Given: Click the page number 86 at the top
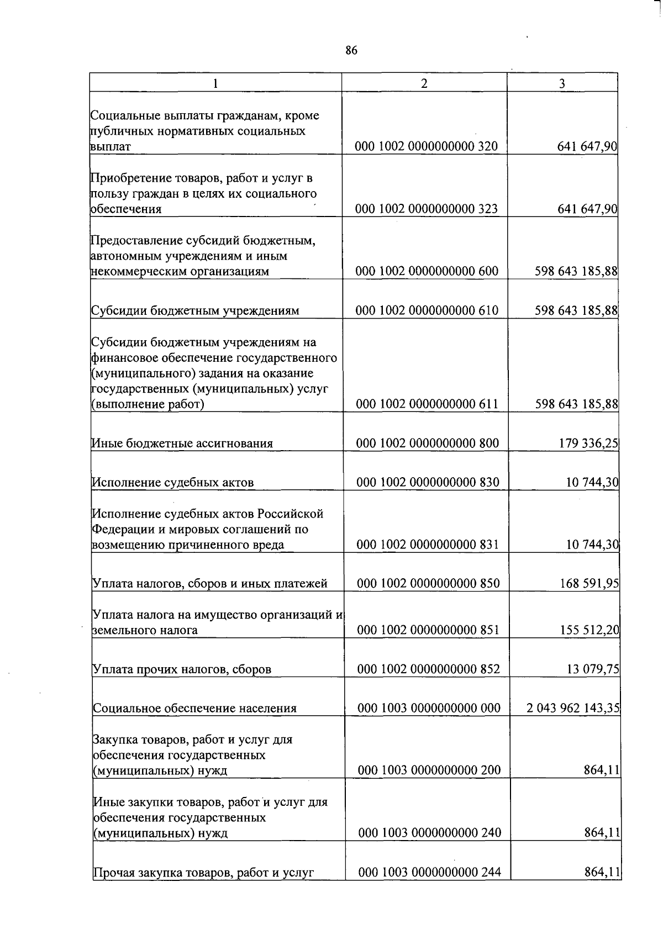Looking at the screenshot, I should point(351,51).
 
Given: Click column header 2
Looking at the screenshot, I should point(424,83).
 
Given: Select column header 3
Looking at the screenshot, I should point(562,83).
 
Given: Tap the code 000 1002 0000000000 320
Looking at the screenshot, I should point(427,146).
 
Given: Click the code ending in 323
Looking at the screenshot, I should point(427,209).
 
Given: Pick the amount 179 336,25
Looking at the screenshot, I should point(588,443).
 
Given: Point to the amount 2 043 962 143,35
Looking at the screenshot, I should point(573,708).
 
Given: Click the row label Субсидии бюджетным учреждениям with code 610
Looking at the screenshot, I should point(195,310).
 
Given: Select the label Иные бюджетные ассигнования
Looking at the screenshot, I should point(182,444).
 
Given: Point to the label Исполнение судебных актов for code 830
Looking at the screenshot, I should point(173,483).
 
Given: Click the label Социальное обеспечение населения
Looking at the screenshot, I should point(195,709).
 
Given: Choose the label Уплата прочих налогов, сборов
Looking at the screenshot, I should point(182,669).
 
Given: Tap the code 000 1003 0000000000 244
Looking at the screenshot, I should point(430,872).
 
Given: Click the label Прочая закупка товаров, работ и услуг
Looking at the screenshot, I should point(204,873).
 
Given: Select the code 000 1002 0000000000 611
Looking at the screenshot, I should point(428,404).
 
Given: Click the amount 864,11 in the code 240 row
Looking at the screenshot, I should point(602,832).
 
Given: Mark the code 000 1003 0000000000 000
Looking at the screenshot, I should point(429,708).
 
